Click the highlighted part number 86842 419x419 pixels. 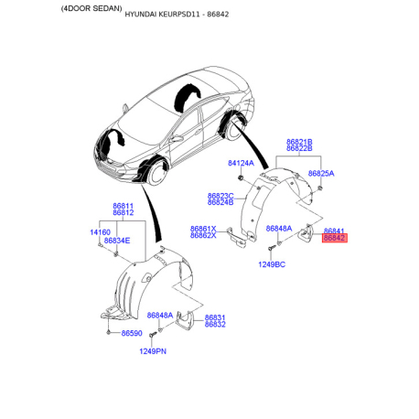(x=335, y=238)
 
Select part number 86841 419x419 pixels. (x=334, y=231)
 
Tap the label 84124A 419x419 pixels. (x=241, y=163)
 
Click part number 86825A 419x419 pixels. (x=321, y=174)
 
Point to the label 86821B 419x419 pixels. (x=299, y=142)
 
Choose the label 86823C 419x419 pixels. (x=220, y=196)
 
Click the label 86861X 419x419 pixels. (x=203, y=229)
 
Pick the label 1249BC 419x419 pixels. (x=272, y=264)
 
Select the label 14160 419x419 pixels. (x=100, y=232)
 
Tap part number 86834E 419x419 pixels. (x=117, y=241)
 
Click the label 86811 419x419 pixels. (x=124, y=206)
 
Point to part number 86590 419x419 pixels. (x=132, y=333)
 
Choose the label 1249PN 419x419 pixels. (x=153, y=351)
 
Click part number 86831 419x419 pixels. (x=215, y=317)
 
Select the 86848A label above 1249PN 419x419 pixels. (x=160, y=315)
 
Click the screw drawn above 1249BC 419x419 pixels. (x=271, y=249)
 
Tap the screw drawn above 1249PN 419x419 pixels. (x=152, y=335)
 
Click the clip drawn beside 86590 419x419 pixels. (x=109, y=332)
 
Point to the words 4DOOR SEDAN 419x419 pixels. (x=91, y=8)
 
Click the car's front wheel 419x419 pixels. (x=157, y=174)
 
